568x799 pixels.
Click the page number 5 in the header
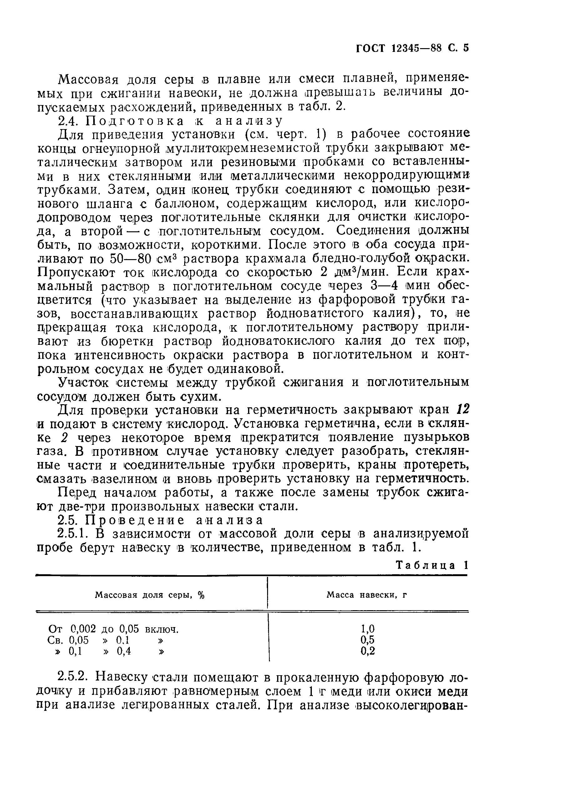[x=465, y=48]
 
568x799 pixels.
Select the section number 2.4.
[x=68, y=121]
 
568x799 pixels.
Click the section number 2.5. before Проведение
[x=68, y=520]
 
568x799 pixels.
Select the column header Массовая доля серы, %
[x=150, y=595]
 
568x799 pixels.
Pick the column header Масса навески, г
[x=367, y=595]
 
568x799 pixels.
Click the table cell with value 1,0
[x=368, y=629]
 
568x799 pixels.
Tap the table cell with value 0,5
[x=368, y=640]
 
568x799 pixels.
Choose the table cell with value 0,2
[x=368, y=651]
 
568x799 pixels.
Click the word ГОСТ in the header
[x=370, y=48]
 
